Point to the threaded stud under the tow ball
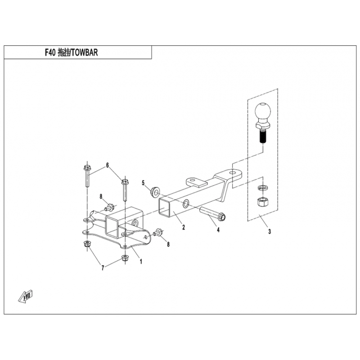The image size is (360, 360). click(262, 135)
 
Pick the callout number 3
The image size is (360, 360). click(270, 232)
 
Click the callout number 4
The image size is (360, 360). click(218, 230)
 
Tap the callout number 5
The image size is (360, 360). click(143, 183)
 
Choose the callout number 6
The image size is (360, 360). click(107, 165)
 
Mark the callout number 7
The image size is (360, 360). click(103, 268)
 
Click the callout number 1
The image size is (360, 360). click(141, 261)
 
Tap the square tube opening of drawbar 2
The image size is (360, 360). click(165, 210)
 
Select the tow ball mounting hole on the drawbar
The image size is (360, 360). click(233, 171)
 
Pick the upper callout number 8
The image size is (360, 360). click(102, 196)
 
